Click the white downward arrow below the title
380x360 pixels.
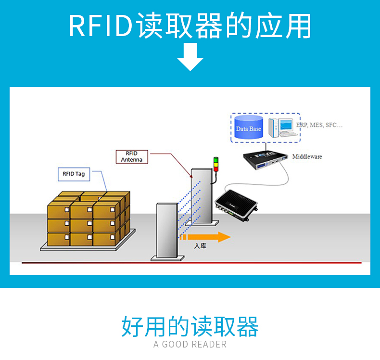[x=190, y=57]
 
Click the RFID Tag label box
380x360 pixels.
[x=74, y=174]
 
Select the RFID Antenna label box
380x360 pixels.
[x=131, y=156]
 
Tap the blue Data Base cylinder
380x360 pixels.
[x=249, y=128]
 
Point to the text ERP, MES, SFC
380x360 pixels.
[x=319, y=125]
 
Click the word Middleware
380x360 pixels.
[x=307, y=156]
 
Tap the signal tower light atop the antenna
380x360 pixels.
[x=215, y=164]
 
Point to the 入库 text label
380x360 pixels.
[x=200, y=246]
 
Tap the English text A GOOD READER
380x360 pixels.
[x=190, y=344]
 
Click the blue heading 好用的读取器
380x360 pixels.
[x=190, y=326]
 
